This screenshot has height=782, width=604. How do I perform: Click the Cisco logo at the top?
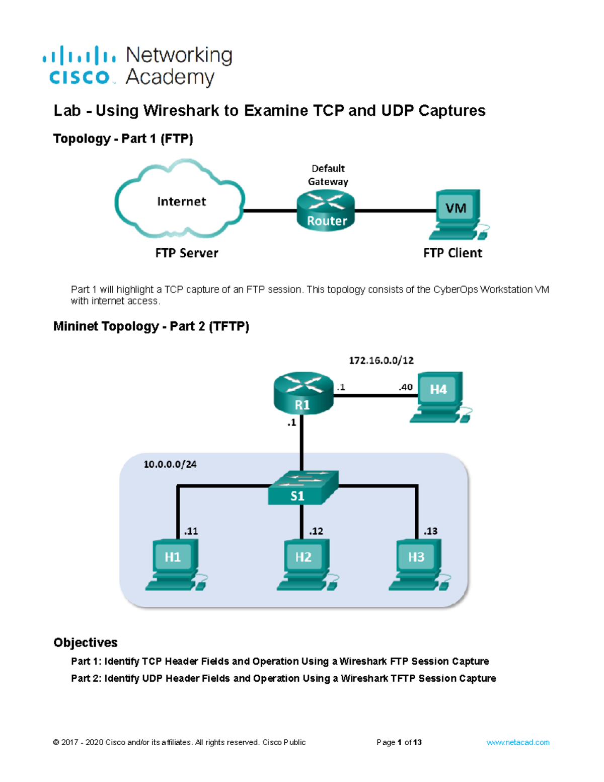click(x=80, y=65)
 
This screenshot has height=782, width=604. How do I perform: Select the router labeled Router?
click(x=326, y=212)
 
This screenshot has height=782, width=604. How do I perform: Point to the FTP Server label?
click(x=186, y=253)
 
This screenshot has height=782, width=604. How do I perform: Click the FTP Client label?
click(x=452, y=253)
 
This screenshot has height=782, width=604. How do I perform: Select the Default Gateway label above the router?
click(x=328, y=175)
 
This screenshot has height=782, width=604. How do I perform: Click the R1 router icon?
click(x=303, y=394)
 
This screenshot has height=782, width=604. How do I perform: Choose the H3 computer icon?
click(x=418, y=564)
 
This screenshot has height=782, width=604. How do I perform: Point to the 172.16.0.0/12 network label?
click(x=381, y=361)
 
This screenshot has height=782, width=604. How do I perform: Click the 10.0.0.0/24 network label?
click(x=170, y=464)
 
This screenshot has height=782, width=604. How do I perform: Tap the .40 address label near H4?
click(x=405, y=387)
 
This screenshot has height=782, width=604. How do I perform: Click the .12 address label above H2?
click(x=316, y=531)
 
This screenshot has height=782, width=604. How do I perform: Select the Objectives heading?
click(x=85, y=643)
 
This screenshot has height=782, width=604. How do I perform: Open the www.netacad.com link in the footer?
click(x=517, y=742)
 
